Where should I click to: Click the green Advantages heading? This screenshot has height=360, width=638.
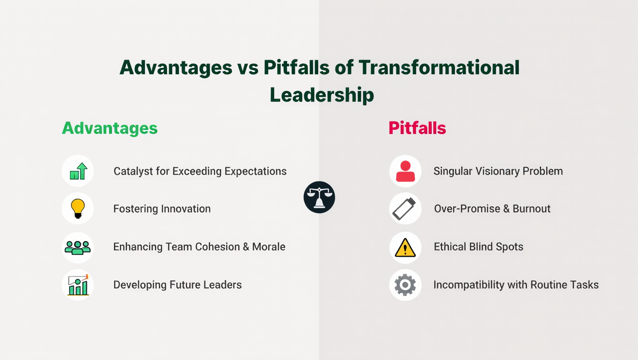pos(110,128)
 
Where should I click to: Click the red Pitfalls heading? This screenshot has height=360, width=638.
pos(417,128)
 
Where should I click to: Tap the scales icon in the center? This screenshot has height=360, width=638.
pos(319,197)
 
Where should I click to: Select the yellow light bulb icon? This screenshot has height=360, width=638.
pos(78,209)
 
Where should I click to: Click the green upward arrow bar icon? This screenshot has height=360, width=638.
pos(78,171)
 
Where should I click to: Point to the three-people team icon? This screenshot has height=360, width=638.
pos(78,247)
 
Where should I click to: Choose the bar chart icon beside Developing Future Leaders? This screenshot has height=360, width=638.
pos(78,285)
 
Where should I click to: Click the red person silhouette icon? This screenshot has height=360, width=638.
pos(405,171)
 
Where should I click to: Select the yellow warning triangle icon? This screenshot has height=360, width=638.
pos(405,247)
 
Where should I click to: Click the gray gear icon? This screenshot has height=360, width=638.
pos(405,285)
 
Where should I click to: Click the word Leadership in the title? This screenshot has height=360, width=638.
pos(322,95)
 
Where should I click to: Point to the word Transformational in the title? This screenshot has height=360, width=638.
pos(439,67)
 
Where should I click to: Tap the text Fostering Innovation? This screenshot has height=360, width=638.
pos(162,209)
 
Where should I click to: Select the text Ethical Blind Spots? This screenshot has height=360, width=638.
pos(478,247)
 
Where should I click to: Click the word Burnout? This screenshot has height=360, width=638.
pos(532,209)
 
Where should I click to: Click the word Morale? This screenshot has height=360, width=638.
pos(269,247)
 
